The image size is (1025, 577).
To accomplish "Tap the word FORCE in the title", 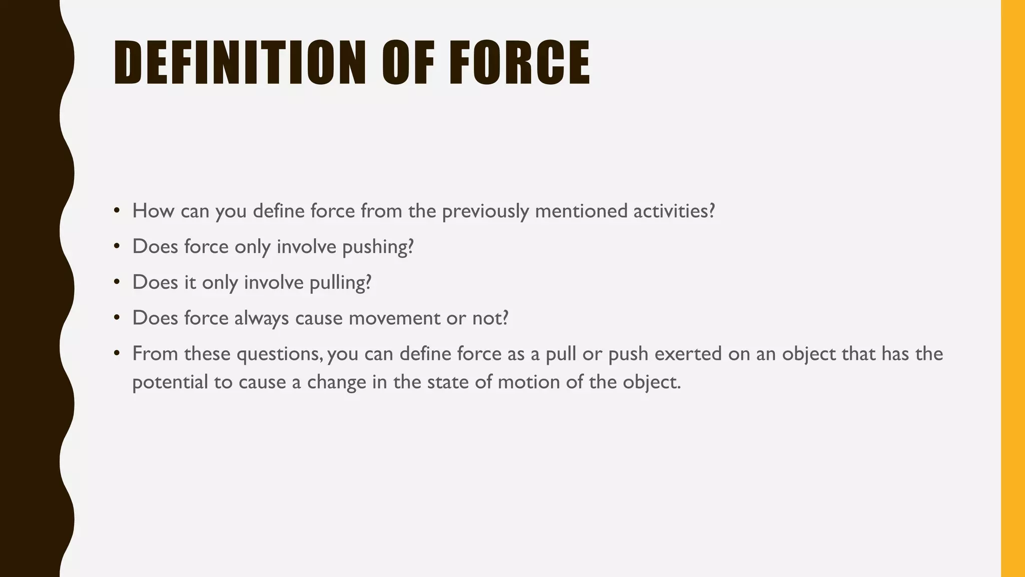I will point(520,63).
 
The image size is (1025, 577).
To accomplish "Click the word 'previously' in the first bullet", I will point(485,211).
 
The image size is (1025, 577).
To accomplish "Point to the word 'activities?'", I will point(674,211).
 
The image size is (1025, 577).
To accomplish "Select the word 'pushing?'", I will point(378,247).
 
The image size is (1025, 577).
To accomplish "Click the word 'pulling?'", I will point(340,282).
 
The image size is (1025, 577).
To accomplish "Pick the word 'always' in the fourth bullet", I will point(261,319).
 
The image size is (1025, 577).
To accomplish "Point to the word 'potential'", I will point(170,383).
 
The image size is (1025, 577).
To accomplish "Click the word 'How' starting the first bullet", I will point(153,211).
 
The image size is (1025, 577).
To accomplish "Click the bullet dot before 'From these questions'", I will point(117,353).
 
